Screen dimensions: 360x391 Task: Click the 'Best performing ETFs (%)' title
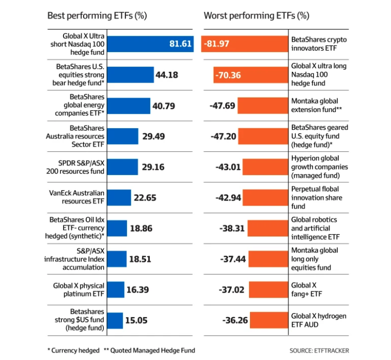pos(97,15)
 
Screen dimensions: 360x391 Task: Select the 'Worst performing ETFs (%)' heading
pos(256,15)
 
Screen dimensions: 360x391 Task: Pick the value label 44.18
pos(166,75)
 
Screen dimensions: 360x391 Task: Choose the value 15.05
pos(136,320)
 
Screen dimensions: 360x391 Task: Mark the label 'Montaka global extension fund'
pos(319,106)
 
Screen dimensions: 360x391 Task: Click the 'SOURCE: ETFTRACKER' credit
pos(319,351)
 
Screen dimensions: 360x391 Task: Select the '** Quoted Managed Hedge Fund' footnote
pos(149,350)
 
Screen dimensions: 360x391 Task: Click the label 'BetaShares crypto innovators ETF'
pos(319,44)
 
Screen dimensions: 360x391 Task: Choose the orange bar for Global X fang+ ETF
pos(268,290)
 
